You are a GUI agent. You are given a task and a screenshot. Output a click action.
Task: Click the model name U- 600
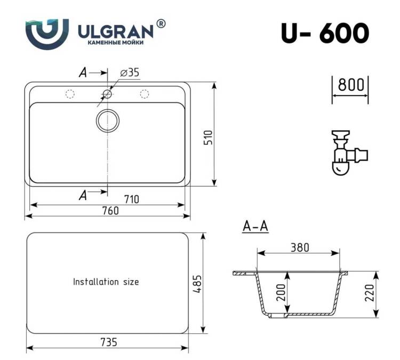(325, 33)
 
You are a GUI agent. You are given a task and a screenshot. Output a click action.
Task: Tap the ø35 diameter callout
(130, 73)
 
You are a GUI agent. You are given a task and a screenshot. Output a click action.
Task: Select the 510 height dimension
(208, 137)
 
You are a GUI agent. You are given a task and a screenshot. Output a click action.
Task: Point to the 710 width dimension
(132, 199)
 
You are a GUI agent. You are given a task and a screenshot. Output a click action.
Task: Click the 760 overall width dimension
(110, 211)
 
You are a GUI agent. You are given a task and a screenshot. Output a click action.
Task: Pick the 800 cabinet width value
(351, 85)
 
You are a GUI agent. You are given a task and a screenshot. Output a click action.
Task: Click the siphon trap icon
(349, 153)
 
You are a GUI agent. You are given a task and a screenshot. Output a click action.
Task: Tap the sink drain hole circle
(108, 121)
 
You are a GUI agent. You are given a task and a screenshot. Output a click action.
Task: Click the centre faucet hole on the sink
(107, 94)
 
